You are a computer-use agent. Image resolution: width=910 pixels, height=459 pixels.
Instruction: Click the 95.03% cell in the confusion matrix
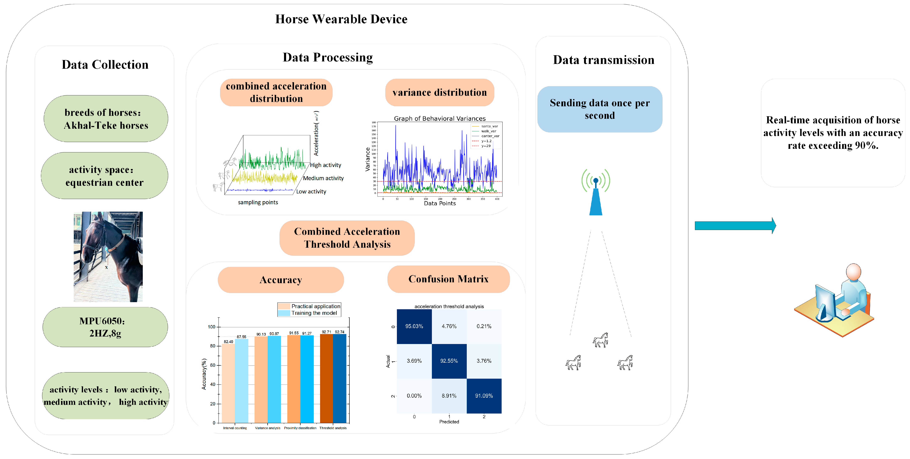pos(414,326)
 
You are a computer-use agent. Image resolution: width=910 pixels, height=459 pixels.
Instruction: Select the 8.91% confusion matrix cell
pos(449,396)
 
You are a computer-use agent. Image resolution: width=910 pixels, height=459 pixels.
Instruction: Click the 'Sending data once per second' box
pos(599,109)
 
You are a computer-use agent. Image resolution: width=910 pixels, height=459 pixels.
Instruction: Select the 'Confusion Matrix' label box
pos(448,279)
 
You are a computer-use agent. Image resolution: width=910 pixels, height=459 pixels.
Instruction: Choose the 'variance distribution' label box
pos(440,93)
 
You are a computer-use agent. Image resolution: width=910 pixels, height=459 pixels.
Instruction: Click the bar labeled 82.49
pos(228,383)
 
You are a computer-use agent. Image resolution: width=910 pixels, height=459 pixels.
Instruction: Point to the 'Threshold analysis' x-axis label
pos(333,428)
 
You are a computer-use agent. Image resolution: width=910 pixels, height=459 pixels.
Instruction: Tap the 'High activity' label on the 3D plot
pos(325,165)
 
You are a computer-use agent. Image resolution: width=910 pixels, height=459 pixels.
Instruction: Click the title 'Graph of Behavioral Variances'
pos(440,118)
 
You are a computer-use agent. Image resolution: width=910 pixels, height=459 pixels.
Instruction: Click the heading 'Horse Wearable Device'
pos(341,19)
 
